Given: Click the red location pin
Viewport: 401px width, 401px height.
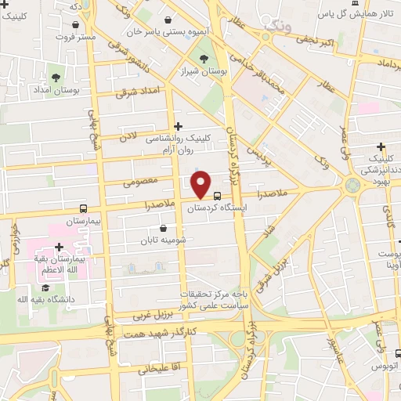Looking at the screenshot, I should pos(201,185).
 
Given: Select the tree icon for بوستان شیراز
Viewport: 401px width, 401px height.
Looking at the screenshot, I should pos(204,58).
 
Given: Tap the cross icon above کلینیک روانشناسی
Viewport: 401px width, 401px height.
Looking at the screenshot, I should pos(179,125).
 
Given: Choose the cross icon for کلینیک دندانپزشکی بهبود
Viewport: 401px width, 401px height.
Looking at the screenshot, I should pos(381,146).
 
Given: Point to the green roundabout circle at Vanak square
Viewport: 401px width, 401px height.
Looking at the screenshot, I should pos(352,186).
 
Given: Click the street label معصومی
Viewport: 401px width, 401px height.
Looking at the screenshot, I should pos(139,182).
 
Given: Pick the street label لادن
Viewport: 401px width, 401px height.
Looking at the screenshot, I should pos(127,135).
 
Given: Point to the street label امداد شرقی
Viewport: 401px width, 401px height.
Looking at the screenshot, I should pos(137,92).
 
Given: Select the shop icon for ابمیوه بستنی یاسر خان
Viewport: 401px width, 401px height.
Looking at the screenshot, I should pos(169,20).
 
